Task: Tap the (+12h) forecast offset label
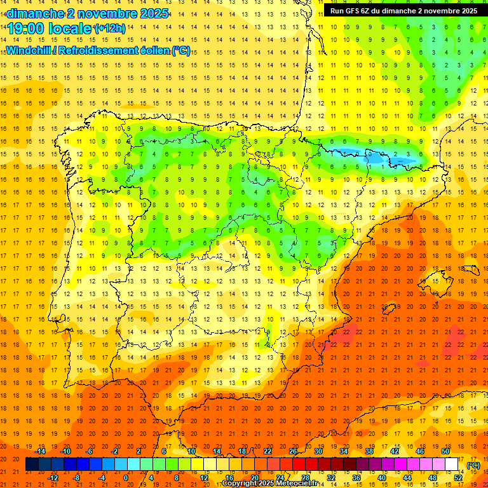click(110, 29)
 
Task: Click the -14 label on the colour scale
click(41, 451)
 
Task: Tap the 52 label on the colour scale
click(458, 477)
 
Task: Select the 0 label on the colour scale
click(126, 477)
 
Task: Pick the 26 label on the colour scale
click(293, 451)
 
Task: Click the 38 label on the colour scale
click(369, 451)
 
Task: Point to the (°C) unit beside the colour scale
click(473, 465)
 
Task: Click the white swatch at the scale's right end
click(452, 464)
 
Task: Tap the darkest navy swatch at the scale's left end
click(32, 464)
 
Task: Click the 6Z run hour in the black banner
click(367, 11)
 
